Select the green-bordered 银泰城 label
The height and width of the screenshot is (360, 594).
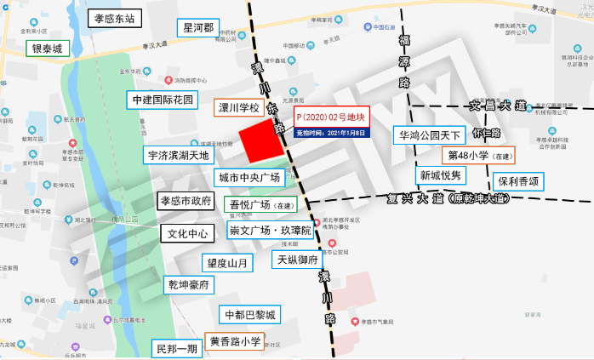coord(48,49)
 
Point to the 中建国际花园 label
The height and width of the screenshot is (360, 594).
coord(162,100)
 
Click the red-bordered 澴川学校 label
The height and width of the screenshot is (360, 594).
coord(237,110)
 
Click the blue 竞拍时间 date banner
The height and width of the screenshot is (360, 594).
coord(330,134)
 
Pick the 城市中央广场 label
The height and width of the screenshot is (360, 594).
coord(248,177)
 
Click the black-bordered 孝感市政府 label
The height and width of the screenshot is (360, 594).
coord(185,201)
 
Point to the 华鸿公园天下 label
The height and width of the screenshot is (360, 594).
coord(430,134)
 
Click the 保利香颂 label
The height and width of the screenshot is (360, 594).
coord(519,181)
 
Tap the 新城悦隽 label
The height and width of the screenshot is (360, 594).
coord(440,175)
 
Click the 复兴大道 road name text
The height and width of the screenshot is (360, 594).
coord(433,199)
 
